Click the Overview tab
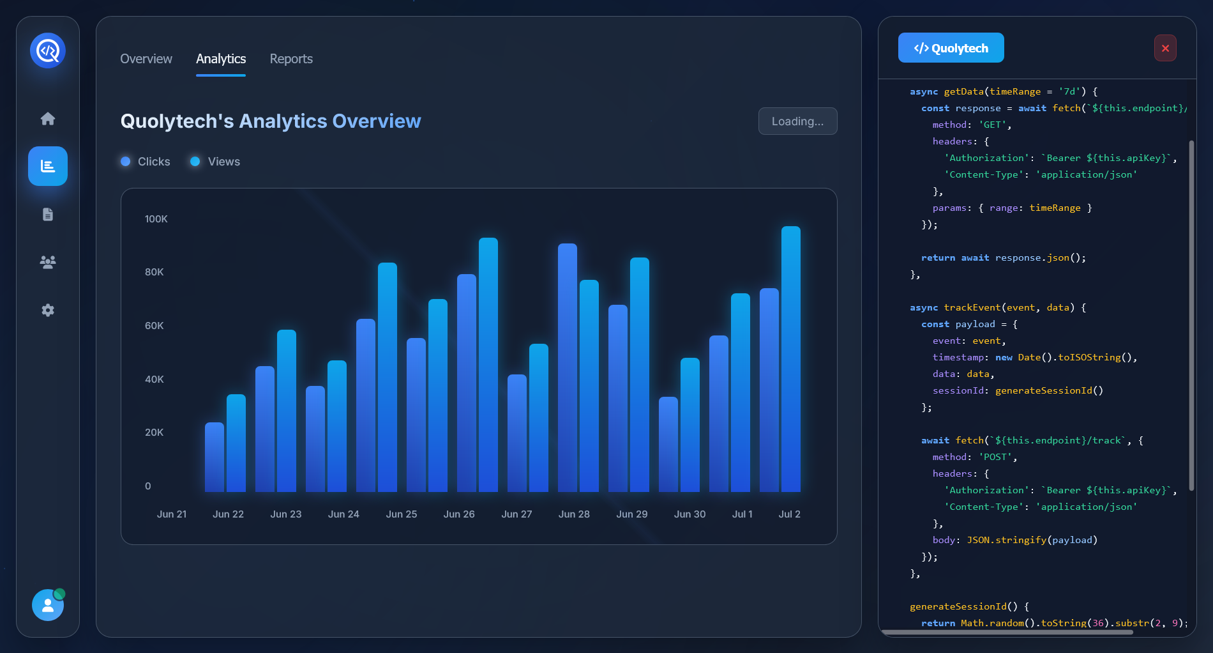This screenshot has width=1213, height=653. click(146, 59)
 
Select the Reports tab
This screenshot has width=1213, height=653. click(291, 59)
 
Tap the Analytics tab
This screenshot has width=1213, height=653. click(221, 59)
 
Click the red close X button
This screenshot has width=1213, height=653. click(1165, 48)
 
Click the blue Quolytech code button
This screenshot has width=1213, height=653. click(951, 48)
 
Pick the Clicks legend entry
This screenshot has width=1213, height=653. click(146, 162)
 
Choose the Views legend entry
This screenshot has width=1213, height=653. click(216, 162)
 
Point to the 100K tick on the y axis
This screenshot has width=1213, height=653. click(156, 219)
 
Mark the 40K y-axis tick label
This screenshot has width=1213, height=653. click(154, 380)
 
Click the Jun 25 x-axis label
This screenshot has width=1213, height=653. click(402, 514)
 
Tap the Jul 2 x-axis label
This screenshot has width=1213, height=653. click(790, 514)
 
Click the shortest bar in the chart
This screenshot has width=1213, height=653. click(215, 457)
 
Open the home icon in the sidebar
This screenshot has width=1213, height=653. click(48, 118)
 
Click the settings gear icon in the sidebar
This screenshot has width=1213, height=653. click(48, 310)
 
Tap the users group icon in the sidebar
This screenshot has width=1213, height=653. click(48, 262)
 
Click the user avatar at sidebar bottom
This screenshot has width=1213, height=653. click(48, 605)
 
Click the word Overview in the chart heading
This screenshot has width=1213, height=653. click(377, 121)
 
